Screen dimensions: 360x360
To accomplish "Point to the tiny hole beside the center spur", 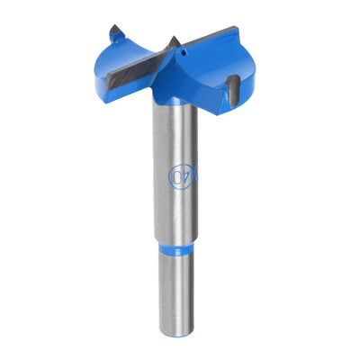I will [182, 52].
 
